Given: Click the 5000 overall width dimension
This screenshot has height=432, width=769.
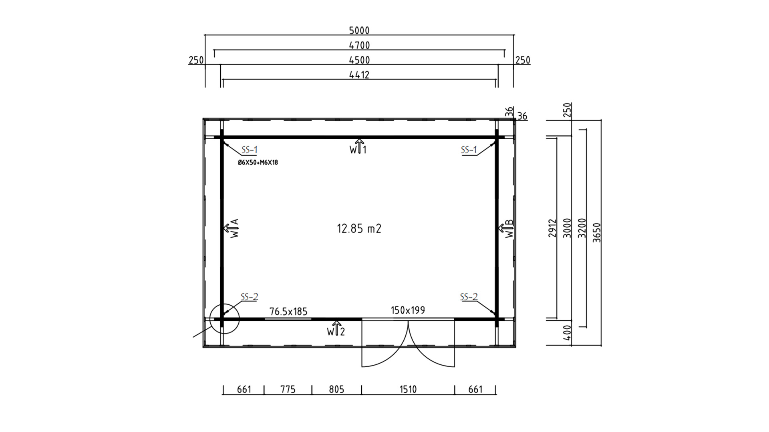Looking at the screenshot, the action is [x=359, y=30].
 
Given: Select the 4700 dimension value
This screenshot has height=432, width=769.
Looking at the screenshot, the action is [x=359, y=45].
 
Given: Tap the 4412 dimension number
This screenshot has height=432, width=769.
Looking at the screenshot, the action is [x=359, y=75].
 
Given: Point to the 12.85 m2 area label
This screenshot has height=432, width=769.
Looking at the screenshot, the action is [x=359, y=229].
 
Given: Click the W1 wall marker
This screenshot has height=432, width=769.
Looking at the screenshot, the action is [x=358, y=147].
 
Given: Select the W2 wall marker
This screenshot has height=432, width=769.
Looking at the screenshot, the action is [x=336, y=329].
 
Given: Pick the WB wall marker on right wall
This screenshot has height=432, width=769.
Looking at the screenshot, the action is [x=506, y=228].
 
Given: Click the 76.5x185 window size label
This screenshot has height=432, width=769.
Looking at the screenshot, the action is [x=288, y=311].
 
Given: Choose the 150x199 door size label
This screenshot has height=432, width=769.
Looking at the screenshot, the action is [x=408, y=310].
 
